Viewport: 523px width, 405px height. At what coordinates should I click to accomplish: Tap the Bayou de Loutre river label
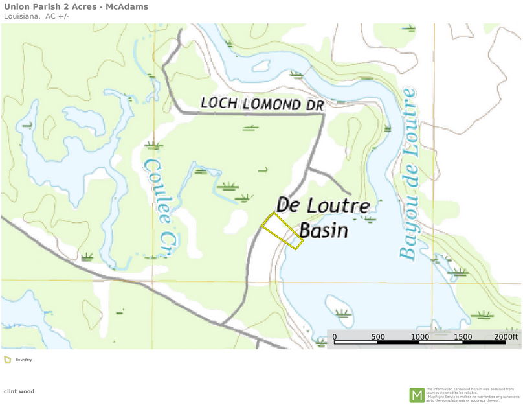(x=408, y=175)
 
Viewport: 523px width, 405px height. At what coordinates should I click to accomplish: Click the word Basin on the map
(x=324, y=231)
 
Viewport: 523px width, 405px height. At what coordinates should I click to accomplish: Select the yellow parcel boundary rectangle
(x=282, y=231)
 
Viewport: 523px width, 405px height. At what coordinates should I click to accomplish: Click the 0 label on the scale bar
(x=335, y=337)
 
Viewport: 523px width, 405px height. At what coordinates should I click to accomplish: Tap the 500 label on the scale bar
(x=378, y=337)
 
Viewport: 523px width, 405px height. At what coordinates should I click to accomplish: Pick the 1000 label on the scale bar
(x=420, y=337)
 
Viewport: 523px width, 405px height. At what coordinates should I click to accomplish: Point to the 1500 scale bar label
(x=463, y=337)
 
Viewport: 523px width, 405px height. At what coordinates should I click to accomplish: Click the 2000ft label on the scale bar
(x=506, y=337)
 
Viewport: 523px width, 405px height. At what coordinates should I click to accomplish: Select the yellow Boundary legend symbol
(x=7, y=359)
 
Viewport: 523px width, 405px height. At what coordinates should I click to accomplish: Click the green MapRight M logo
(x=417, y=395)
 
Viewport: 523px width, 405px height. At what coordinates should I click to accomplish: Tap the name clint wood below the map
(x=19, y=391)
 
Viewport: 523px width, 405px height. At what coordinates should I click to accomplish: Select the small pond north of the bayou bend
(x=261, y=65)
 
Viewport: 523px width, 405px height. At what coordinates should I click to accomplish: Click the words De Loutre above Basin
(x=323, y=206)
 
